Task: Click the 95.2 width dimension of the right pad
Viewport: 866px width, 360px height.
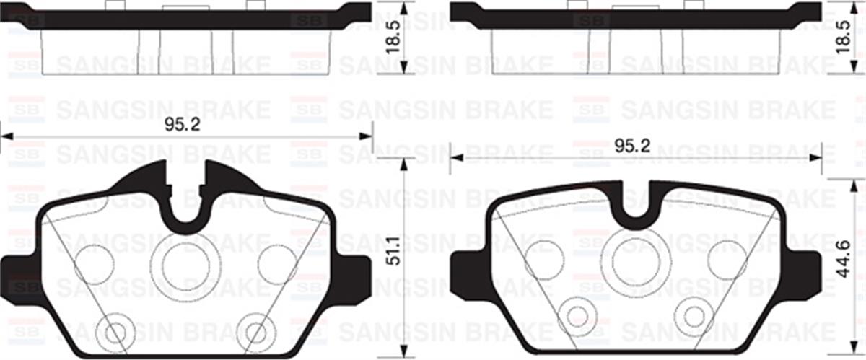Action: click(x=633, y=146)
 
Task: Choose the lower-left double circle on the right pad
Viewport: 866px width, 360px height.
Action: click(x=577, y=315)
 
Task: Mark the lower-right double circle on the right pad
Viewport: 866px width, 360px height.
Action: click(x=694, y=315)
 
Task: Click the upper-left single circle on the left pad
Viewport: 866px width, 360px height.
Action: click(x=94, y=264)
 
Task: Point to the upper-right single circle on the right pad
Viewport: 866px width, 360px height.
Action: click(x=727, y=258)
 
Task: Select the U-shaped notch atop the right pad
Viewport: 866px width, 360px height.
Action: click(x=635, y=202)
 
